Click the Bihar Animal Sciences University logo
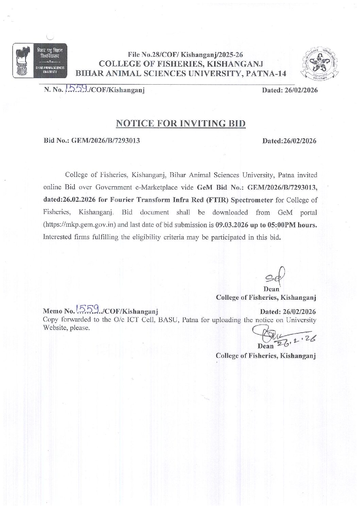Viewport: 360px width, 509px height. (x=40, y=59)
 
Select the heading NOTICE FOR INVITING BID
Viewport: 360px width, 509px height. (x=181, y=123)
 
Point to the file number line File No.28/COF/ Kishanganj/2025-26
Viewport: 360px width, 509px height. (x=185, y=55)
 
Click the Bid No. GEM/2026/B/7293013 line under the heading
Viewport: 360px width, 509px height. (x=92, y=141)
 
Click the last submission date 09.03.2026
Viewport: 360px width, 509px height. (x=230, y=225)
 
